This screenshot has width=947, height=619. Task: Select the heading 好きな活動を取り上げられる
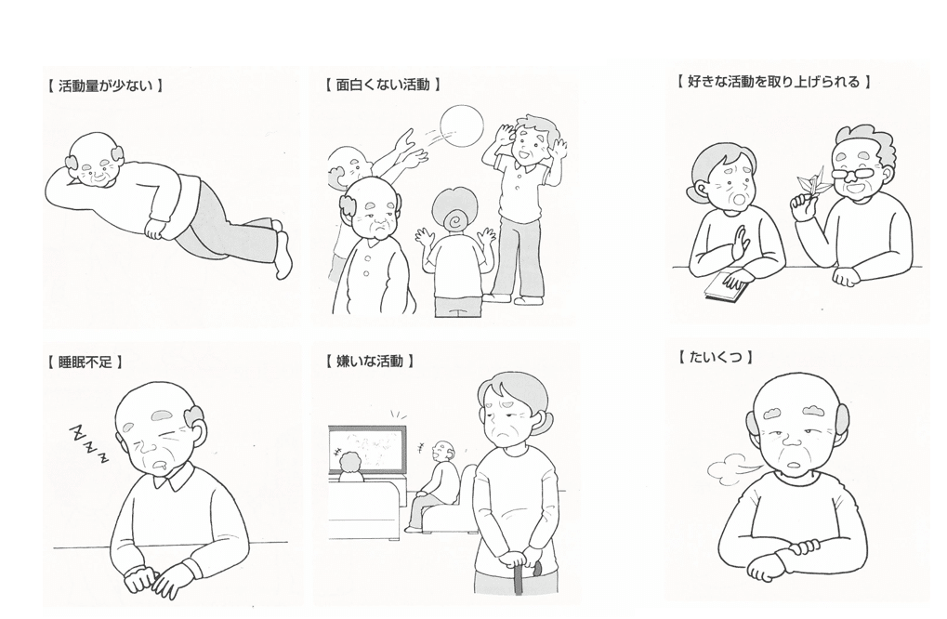[x=773, y=82]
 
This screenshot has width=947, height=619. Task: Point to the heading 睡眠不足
[x=85, y=362]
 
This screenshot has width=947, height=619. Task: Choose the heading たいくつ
[x=715, y=358]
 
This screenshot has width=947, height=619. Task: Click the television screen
[x=367, y=451]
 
